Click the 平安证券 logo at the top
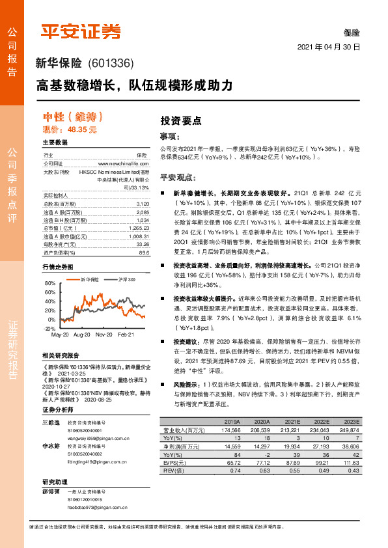click(x=81, y=30)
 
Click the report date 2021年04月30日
click(x=329, y=48)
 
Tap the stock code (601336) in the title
click(x=110, y=64)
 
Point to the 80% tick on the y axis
click(x=51, y=284)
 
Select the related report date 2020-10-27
click(x=57, y=385)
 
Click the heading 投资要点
click(x=180, y=121)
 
